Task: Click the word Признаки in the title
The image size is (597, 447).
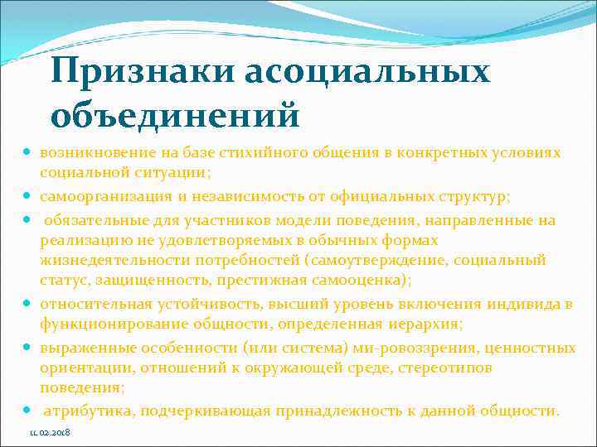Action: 140,72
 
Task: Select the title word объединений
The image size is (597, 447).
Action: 173,115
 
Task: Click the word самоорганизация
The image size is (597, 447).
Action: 97,197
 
